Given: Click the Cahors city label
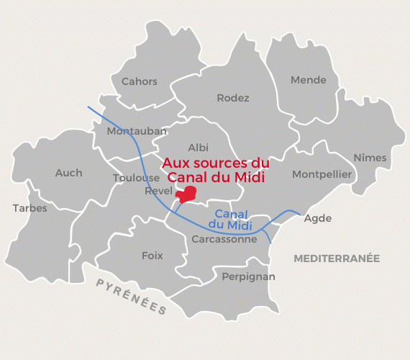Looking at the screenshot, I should pos(140,81).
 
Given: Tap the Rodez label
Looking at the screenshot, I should pos(233,98).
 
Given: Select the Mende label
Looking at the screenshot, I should pos(309,80).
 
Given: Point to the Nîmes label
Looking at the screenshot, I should pos(370,158).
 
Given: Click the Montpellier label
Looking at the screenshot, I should pos(322,174).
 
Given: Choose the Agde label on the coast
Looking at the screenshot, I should pos(318,218).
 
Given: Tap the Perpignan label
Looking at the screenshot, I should pos(248,276).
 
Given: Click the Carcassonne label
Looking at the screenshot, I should pos(224,239).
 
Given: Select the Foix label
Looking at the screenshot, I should pos(152,256).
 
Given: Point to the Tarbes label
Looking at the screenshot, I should pos(29,208).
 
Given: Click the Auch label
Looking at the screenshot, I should pos(69,173).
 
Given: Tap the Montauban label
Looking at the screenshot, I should pos(137,131).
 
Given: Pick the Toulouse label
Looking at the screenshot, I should pos(136,178).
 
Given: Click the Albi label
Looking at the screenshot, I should pos(198,148).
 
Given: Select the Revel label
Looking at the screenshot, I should pos(159,191).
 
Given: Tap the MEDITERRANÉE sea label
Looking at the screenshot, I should pos(336,258).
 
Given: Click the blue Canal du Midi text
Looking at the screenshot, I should pos(232,220).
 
